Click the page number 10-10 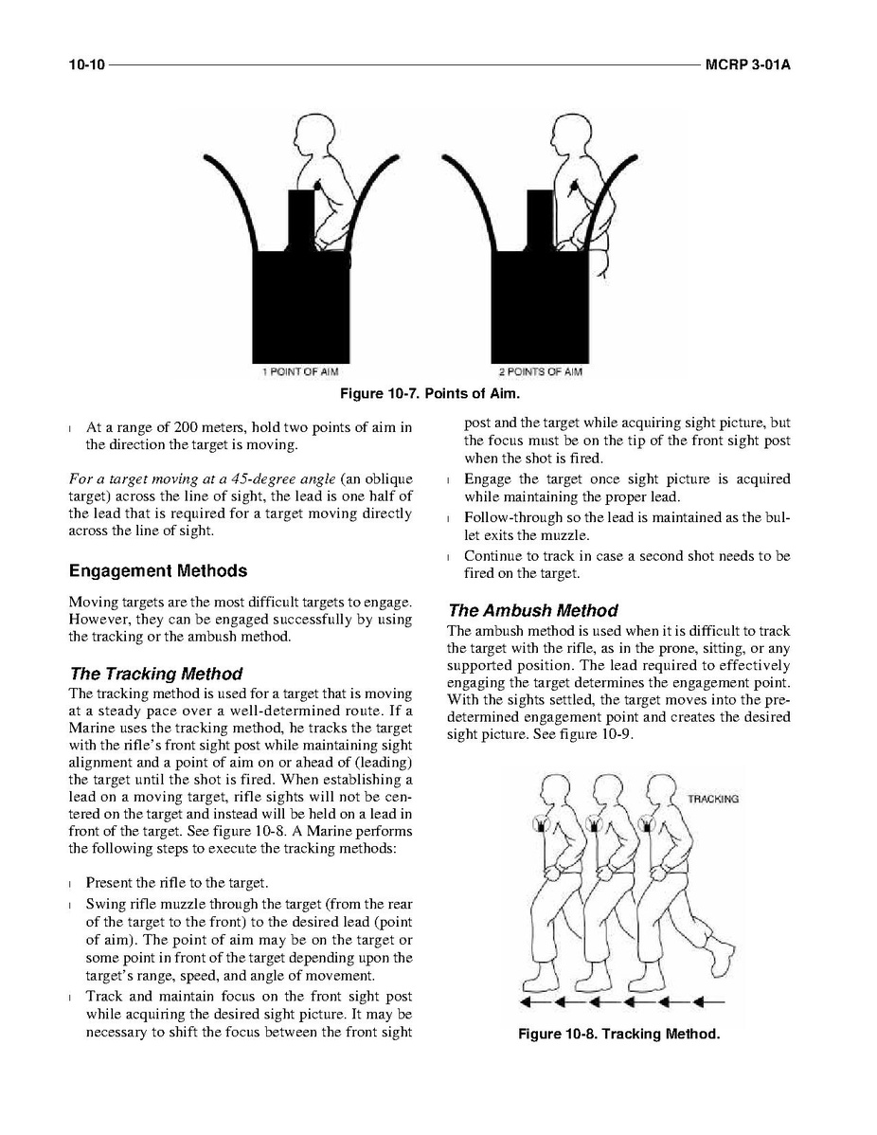pos(86,65)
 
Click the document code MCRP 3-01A pos(747,65)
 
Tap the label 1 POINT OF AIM pos(299,370)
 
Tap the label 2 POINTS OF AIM pos(540,370)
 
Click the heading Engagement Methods pos(158,571)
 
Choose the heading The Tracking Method pos(156,674)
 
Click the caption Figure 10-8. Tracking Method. pos(618,1034)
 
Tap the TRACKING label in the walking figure pos(713,799)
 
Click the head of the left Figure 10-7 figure pos(311,132)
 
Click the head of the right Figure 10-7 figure pos(567,132)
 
